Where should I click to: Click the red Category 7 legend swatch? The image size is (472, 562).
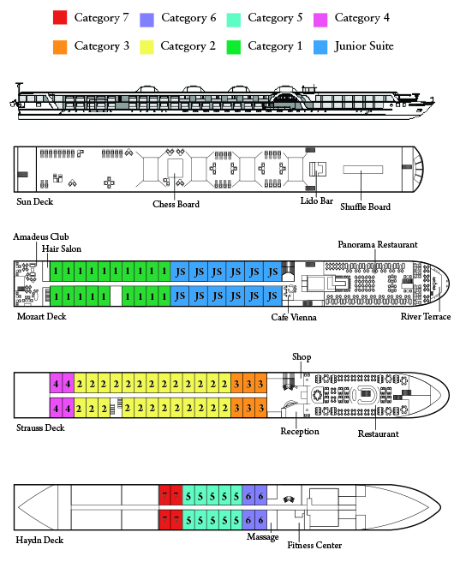60,17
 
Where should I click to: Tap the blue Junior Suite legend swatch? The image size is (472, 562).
320,47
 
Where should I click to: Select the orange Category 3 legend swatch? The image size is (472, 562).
60,47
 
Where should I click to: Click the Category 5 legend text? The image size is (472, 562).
275,18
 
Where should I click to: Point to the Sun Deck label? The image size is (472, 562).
35,201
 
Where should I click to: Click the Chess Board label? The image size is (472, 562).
176,204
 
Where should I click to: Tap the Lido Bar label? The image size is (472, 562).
317,200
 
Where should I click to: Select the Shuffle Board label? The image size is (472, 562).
365,206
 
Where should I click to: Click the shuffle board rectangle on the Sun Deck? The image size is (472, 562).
362,169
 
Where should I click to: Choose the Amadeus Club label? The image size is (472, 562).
41,236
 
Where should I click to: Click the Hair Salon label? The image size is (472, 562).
62,248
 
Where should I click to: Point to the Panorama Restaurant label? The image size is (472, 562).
378,244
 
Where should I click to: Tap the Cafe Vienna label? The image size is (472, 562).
294,317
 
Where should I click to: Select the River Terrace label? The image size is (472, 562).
426,316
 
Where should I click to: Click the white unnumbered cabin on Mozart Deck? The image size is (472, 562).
116,296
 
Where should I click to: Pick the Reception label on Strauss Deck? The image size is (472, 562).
300,431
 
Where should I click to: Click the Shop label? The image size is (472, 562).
302,357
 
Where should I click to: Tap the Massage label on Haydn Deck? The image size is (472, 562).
263,537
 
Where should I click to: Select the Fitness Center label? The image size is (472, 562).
314,545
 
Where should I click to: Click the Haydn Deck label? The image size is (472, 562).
39,540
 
